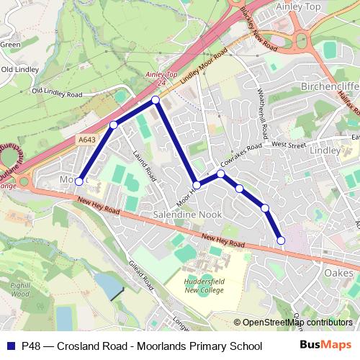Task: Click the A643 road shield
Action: point(87,140)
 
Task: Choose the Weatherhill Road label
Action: point(263,111)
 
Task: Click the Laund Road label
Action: point(145,163)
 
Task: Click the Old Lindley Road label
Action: point(58,91)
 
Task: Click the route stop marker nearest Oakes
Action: point(281,240)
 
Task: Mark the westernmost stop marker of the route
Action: point(79,182)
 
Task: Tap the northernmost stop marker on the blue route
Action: point(155,99)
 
